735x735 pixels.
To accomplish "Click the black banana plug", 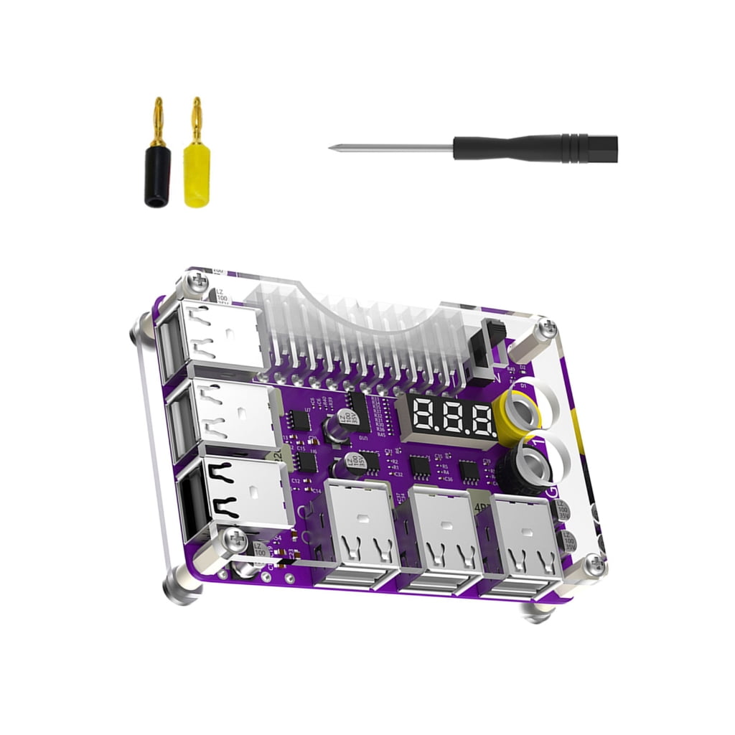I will [157, 177].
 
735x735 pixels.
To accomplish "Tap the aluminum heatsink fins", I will [359, 323].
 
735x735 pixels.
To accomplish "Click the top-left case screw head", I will [192, 284].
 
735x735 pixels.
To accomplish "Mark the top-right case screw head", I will [547, 329].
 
